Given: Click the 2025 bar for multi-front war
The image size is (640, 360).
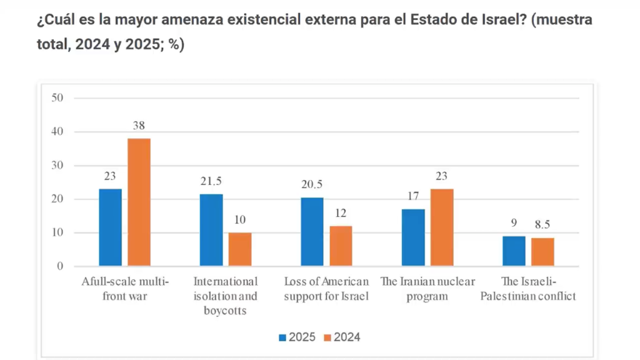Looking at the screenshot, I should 110,227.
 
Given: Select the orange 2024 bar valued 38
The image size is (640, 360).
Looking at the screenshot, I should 139,202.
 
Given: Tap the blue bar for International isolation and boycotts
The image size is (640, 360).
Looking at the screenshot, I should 211,230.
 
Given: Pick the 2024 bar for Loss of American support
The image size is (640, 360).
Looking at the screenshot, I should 341,246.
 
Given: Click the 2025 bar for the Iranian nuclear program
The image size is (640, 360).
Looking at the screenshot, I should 413,237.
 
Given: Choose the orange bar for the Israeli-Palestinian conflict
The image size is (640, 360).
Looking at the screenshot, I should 542,252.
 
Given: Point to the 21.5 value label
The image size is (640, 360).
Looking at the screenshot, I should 211,181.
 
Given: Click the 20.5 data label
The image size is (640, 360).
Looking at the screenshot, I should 312,184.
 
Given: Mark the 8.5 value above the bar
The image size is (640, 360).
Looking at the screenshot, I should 542,225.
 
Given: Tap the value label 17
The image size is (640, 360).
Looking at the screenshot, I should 413,196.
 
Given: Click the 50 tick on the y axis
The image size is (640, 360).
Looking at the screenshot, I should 58,98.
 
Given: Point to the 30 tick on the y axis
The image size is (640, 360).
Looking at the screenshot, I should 58,166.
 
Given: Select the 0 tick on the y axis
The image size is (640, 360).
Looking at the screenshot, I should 61,267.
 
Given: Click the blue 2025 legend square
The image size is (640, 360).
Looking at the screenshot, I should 282,337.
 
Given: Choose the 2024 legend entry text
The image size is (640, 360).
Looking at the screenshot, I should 347,337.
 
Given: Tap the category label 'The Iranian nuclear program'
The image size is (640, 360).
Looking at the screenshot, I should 427,289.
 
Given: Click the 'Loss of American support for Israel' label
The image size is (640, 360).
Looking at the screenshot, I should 326,289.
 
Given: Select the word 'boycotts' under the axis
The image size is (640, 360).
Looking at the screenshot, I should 226,311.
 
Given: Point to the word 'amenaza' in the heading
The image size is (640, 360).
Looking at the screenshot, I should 188,19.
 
